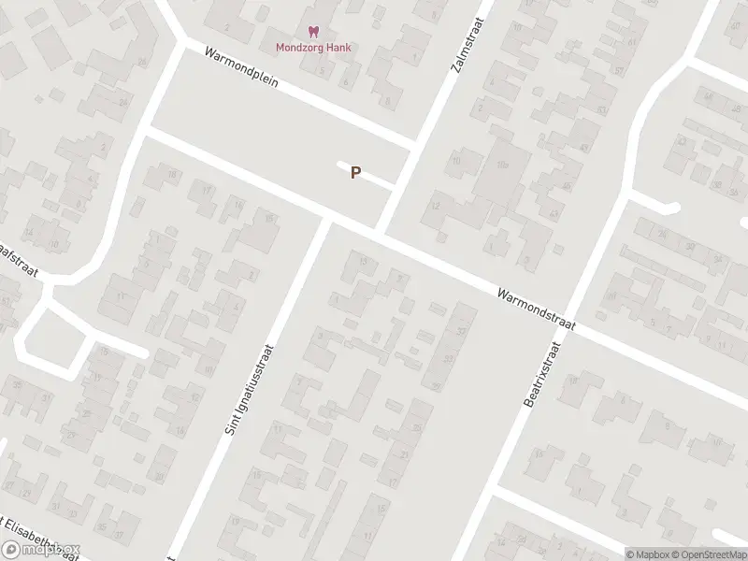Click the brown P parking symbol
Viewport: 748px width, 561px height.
[x=355, y=173]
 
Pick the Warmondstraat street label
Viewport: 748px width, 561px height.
[x=536, y=309]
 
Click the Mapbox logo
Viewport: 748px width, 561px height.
[x=42, y=549]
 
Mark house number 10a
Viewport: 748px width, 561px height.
[x=502, y=165]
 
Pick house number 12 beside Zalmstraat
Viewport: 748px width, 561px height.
[x=435, y=205]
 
